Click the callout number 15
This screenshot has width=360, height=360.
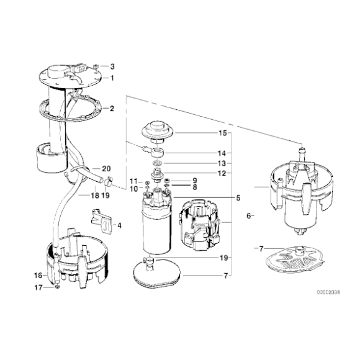222,133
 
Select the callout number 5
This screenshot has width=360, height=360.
238,197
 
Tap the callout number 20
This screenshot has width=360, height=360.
106,169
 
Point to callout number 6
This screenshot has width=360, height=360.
248,216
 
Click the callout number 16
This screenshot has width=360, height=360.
38,276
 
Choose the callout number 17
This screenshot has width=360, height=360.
38,287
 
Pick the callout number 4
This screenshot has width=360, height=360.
119,226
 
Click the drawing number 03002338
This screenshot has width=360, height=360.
328,292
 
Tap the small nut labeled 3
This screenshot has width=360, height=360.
96,66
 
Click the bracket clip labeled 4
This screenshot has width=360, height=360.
102,221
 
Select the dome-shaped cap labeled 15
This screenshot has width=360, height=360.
158,131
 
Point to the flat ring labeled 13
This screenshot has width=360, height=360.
158,163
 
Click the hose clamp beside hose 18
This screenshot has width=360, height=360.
109,181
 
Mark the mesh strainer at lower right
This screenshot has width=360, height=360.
295,259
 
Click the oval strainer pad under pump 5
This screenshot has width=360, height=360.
157,273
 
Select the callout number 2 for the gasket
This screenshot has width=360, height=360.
112,109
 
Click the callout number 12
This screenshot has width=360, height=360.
222,173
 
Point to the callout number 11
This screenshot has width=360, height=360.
133,181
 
